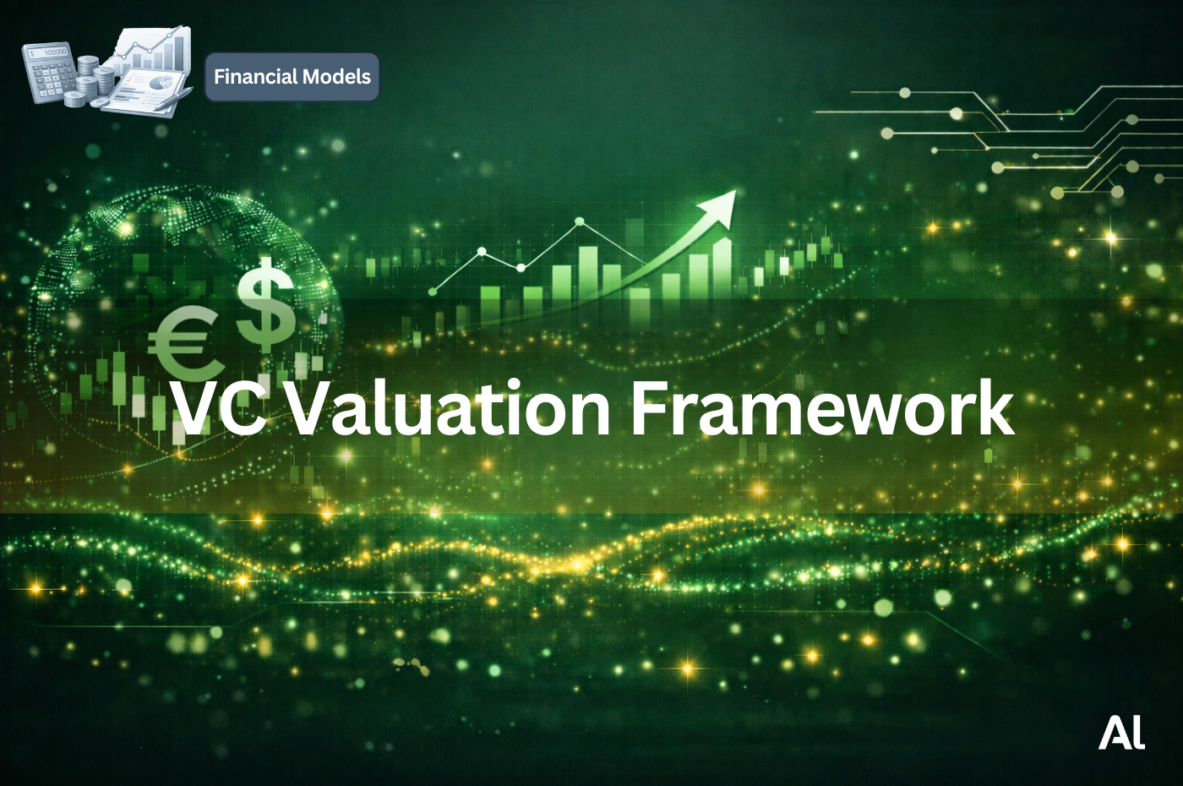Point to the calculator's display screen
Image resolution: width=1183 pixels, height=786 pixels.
(x=49, y=52)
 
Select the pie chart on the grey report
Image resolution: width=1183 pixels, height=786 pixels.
(x=162, y=83)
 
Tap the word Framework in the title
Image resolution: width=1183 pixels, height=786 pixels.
(x=821, y=409)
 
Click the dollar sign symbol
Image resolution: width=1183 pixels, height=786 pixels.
(x=265, y=303)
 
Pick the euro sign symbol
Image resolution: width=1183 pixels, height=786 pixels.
(x=180, y=343)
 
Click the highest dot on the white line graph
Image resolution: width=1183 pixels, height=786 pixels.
(x=580, y=222)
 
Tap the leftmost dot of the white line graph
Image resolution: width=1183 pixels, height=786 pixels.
(x=433, y=291)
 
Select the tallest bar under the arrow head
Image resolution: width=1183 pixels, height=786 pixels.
(x=722, y=267)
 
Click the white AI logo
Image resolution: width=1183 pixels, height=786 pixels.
(x=1121, y=733)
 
